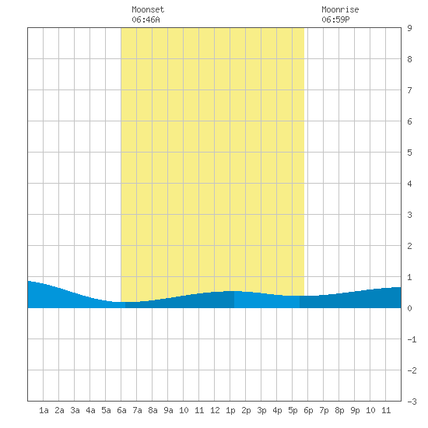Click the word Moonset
coord(148,9)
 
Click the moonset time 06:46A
coord(146,19)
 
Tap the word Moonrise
coord(340,9)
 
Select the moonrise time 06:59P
coord(335,19)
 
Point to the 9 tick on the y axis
coord(409,28)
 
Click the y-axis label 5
coord(409,153)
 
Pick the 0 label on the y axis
coord(409,308)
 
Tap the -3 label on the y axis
coord(412,402)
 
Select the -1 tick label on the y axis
coord(412,339)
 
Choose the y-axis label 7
coord(409,90)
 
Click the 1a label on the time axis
coord(44,410)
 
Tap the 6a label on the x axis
coord(121,410)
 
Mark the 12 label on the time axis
coord(215,410)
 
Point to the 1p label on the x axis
coord(230,410)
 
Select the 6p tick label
coord(308,410)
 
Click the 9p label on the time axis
coord(355,410)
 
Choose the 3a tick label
coord(75,410)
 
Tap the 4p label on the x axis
coord(277,410)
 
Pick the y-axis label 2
coord(409,246)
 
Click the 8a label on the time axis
coord(153,410)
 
